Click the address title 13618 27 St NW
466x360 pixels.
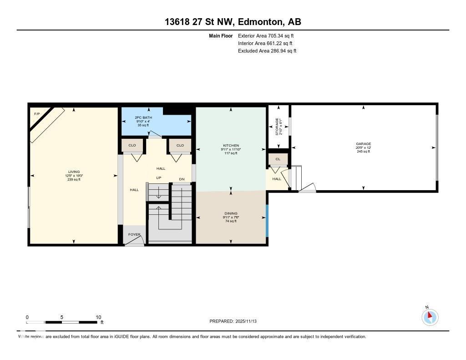click(233, 22)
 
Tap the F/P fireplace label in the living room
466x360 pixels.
click(37, 113)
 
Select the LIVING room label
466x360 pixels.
click(74, 172)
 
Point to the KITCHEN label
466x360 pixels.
click(231, 146)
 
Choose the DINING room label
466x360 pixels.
click(231, 213)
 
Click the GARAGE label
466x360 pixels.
click(363, 144)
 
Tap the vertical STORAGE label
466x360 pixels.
click(277, 127)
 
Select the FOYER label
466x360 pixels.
click(134, 234)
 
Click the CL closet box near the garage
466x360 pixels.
click(278, 159)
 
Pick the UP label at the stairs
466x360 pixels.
click(159, 177)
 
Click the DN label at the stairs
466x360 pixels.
click(182, 179)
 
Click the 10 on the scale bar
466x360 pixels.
click(98, 317)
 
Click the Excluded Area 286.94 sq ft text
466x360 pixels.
click(267, 51)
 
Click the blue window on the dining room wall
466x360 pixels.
click(267, 221)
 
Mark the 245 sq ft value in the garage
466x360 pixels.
click(363, 152)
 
